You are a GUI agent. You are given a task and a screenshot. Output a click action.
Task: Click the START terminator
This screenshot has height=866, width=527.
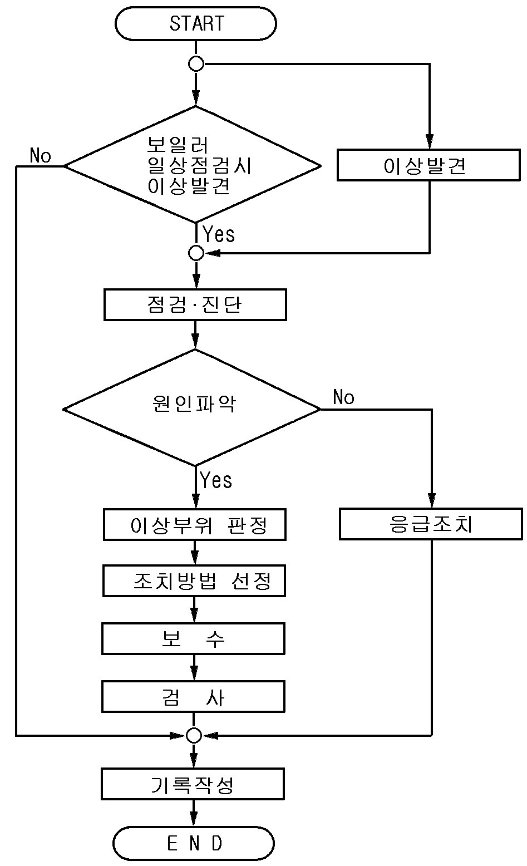pyautogui.click(x=196, y=23)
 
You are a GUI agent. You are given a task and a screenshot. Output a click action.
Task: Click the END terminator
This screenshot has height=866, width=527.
pyautogui.click(x=194, y=843)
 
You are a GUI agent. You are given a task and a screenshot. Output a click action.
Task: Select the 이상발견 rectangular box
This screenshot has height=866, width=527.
pyautogui.click(x=429, y=165)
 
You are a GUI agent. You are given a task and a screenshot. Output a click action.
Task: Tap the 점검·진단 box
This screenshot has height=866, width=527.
pyautogui.click(x=195, y=304)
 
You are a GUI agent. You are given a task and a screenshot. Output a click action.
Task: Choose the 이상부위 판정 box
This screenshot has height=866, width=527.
pyautogui.click(x=194, y=525)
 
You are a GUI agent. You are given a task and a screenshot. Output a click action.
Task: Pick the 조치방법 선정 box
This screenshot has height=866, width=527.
pyautogui.click(x=194, y=580)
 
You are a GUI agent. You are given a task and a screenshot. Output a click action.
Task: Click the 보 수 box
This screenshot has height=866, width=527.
pyautogui.click(x=193, y=638)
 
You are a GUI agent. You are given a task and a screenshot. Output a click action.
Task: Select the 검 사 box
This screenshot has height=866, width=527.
pyautogui.click(x=193, y=696)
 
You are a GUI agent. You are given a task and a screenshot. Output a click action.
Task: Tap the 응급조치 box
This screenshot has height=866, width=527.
pyautogui.click(x=431, y=524)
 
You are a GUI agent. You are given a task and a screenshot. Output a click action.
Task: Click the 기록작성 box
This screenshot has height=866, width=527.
pyautogui.click(x=193, y=784)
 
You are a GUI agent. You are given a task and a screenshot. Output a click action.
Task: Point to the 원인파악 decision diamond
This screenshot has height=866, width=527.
pyautogui.click(x=192, y=409)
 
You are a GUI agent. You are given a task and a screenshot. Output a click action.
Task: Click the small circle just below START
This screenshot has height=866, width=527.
pyautogui.click(x=196, y=64)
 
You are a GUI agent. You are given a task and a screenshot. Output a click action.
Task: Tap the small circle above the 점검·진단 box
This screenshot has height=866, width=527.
pyautogui.click(x=196, y=253)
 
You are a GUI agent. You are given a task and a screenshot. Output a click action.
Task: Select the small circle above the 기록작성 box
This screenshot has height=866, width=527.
pyautogui.click(x=194, y=735)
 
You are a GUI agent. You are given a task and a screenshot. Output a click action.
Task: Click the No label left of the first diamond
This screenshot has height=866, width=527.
pyautogui.click(x=40, y=155)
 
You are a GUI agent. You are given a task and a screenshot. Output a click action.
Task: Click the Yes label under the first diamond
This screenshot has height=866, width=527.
pyautogui.click(x=219, y=234)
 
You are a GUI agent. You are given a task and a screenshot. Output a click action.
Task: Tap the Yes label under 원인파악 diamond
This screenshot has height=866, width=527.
pyautogui.click(x=216, y=480)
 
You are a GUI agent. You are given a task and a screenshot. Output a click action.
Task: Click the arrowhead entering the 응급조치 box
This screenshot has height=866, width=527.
pyautogui.click(x=431, y=501)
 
